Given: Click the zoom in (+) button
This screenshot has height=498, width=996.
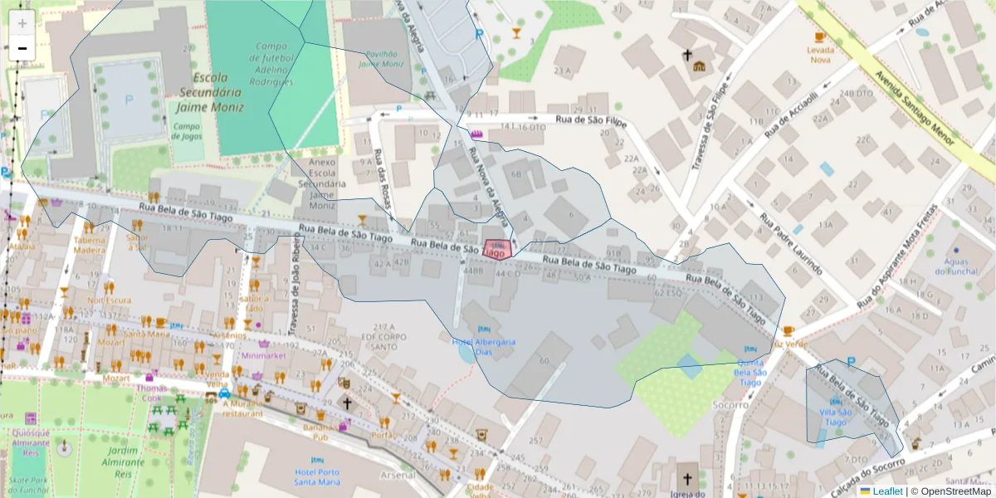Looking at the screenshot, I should click(22, 22).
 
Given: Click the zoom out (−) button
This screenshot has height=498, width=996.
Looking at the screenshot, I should click(22, 48).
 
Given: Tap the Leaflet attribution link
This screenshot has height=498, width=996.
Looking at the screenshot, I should click(887, 491).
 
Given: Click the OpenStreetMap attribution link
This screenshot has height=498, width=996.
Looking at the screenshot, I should click(952, 491).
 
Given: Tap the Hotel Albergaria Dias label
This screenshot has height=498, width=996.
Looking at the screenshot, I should click(484, 346).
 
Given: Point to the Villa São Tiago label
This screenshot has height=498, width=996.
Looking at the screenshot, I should click(834, 417).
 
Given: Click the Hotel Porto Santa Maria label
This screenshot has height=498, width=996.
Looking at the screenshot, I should click(317, 476).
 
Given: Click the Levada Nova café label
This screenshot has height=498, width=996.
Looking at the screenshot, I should click(820, 54).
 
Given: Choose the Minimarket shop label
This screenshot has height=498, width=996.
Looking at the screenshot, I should click(263, 354).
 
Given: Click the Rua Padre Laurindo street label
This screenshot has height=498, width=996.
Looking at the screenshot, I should click(788, 245).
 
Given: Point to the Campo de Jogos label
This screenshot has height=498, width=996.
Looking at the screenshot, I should click(188, 131).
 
